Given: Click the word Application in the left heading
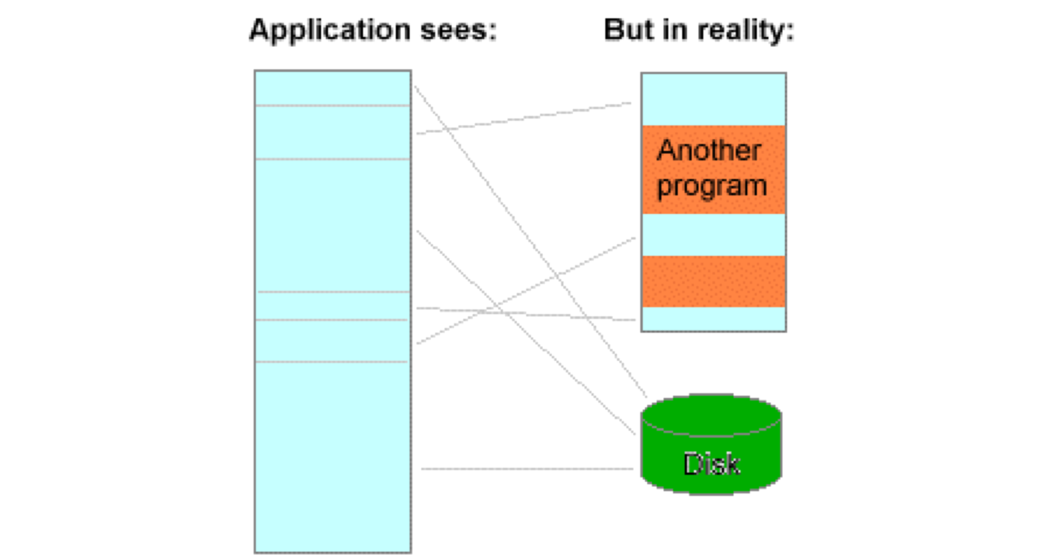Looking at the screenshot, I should pos(330,30).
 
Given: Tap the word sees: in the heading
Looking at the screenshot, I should pos(458,30).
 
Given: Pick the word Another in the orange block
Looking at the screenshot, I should pos(709,150).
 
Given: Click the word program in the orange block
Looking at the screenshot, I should pos(712,186).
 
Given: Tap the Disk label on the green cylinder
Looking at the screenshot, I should pos(711,464).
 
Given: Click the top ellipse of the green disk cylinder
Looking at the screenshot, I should pos(711,415).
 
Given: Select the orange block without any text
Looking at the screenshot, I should pos(713,281).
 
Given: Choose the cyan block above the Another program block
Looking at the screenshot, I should pos(713,99).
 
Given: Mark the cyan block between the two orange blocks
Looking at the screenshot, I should pos(713,235).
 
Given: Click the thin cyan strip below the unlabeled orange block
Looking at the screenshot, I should pos(713,319).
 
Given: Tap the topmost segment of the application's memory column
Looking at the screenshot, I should pos(332,88).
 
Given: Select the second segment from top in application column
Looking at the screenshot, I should pos(332,132).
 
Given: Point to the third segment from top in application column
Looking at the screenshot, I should pos(332,225).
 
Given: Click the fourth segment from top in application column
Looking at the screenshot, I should pos(332,306).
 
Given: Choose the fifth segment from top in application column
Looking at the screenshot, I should pos(332,341).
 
